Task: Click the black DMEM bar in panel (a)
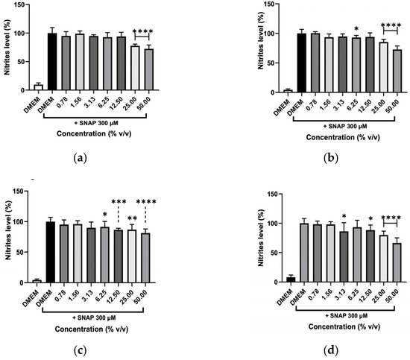[x=52, y=62]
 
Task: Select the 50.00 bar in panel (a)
[x=149, y=69]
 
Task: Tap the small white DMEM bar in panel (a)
[x=39, y=87]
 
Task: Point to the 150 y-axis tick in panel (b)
[x=277, y=4]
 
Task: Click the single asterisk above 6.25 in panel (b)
[x=356, y=28]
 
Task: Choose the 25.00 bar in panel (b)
[x=383, y=67]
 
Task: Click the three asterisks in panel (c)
[x=119, y=201]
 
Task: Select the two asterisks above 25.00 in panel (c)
[x=132, y=218]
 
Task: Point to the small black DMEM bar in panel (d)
[x=291, y=280]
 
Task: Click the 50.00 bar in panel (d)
[x=397, y=263]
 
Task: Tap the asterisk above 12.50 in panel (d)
[x=370, y=218]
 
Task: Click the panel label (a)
[x=80, y=158]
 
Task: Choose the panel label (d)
[x=331, y=350]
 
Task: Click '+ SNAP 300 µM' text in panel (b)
[x=345, y=127]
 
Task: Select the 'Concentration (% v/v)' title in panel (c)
[x=92, y=329]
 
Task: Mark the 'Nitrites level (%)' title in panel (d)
[x=261, y=238]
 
